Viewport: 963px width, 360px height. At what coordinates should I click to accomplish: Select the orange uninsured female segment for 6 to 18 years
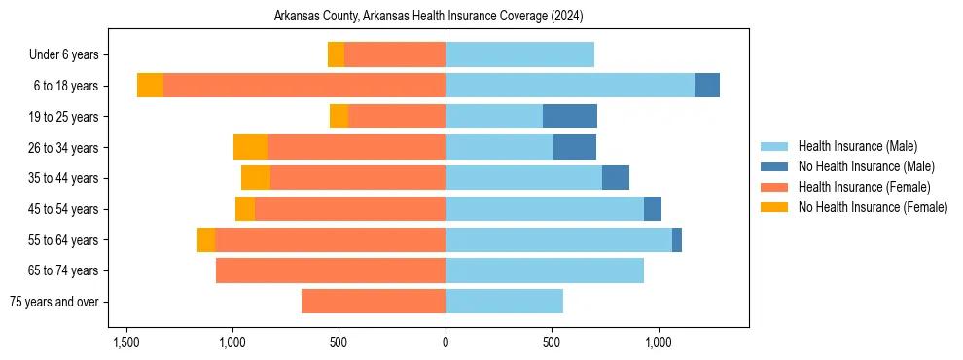tap(150, 86)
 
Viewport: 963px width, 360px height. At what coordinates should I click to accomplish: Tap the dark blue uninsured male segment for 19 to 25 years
tap(570, 117)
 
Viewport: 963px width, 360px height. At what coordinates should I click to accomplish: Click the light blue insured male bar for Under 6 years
tap(519, 54)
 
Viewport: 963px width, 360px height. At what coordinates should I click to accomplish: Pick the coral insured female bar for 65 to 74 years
tap(331, 270)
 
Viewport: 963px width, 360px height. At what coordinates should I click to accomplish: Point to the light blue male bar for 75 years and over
tap(504, 302)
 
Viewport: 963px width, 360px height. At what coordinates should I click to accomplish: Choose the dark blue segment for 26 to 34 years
tap(575, 147)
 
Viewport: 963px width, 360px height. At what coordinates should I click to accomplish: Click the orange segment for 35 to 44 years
tap(256, 178)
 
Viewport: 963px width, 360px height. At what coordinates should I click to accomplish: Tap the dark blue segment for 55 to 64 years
tap(677, 239)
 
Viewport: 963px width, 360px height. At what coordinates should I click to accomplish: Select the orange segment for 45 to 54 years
tap(245, 209)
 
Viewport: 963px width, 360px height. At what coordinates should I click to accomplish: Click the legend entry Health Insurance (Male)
tap(857, 146)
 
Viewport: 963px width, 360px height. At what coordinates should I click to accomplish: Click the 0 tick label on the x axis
tap(446, 342)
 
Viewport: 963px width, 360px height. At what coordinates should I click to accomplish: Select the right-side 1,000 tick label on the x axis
tap(659, 342)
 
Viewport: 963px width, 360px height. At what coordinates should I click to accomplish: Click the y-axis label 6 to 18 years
tap(65, 86)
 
